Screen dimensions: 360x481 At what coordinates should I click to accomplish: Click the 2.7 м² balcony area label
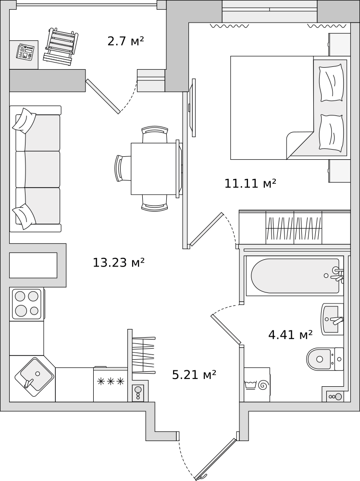[x=126, y=41]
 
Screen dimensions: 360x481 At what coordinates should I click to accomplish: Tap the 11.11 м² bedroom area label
[x=250, y=183]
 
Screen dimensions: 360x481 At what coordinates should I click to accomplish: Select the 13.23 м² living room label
[x=119, y=263]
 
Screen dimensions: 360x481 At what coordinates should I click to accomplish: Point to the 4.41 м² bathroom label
[x=290, y=335]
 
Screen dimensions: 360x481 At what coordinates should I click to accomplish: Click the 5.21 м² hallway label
[x=194, y=375]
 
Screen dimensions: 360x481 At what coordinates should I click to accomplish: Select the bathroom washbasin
[x=332, y=319]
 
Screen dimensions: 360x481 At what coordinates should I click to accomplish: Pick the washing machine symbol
[x=257, y=385]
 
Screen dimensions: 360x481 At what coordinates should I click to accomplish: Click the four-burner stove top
[x=26, y=304]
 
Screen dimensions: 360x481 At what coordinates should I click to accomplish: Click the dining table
[x=154, y=169]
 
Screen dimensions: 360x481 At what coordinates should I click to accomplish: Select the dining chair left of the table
[x=123, y=168]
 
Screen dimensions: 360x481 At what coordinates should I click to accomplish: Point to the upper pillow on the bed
[x=331, y=82]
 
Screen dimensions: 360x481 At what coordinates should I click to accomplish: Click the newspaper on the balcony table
[x=25, y=52]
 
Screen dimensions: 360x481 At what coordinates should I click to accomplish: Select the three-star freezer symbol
[x=111, y=381]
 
